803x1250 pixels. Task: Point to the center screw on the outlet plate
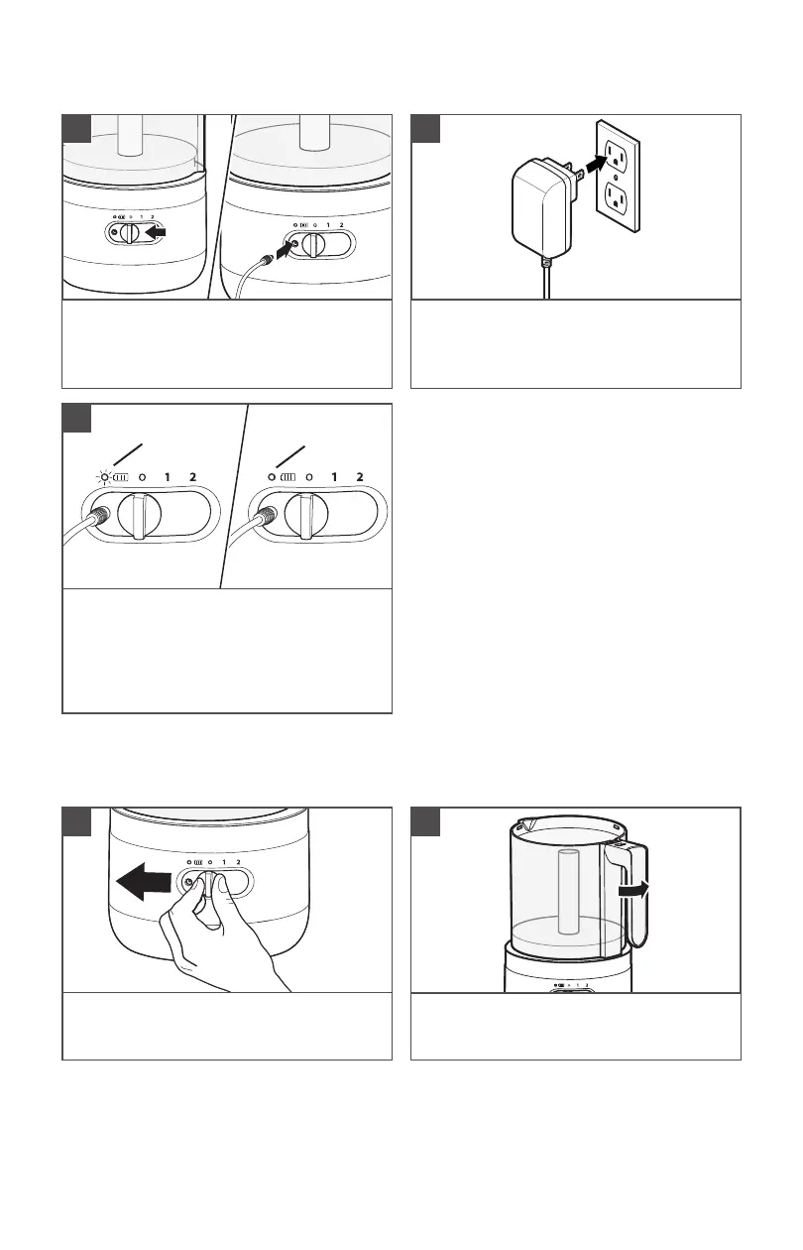(x=615, y=178)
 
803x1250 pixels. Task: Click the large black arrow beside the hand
(x=144, y=881)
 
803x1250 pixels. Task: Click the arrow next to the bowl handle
(x=634, y=890)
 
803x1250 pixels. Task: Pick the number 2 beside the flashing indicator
(x=193, y=477)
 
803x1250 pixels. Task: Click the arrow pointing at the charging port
(x=285, y=250)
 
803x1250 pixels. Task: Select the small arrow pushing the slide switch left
(x=155, y=231)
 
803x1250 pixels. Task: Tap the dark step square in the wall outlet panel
(x=425, y=129)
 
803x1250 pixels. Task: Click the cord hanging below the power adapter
(x=546, y=278)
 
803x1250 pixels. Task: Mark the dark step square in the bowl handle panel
(x=425, y=821)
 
